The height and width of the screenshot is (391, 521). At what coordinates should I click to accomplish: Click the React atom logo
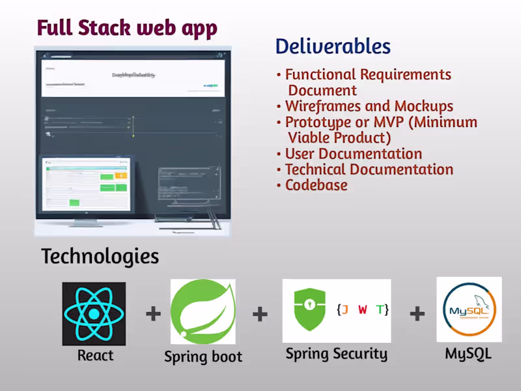(x=94, y=313)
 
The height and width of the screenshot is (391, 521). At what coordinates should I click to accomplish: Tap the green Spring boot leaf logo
(x=203, y=311)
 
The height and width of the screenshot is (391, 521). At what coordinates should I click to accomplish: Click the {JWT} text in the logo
(x=363, y=310)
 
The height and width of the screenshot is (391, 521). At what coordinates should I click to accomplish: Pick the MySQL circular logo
(x=469, y=310)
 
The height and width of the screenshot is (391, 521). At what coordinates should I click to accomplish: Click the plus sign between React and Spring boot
(x=153, y=314)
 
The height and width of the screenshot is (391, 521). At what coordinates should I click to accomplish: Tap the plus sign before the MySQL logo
(x=417, y=314)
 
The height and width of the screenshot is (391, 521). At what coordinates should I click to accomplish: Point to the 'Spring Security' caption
(x=336, y=354)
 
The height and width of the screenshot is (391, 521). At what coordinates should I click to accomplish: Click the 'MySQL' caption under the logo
(x=468, y=354)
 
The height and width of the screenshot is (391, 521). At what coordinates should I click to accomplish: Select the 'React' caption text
(x=95, y=355)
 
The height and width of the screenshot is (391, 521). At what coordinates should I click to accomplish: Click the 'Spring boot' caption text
(x=203, y=356)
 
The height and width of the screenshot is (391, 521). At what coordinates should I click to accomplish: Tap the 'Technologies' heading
(x=100, y=256)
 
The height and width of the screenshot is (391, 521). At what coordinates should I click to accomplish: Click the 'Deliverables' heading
(x=333, y=46)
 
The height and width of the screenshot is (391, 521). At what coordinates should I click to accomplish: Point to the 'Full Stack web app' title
(x=127, y=28)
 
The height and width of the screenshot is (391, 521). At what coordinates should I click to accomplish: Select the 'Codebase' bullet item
(x=316, y=185)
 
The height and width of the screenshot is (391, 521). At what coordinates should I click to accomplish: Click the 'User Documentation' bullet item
(x=353, y=154)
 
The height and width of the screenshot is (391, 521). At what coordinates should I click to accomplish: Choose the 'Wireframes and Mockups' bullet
(x=369, y=106)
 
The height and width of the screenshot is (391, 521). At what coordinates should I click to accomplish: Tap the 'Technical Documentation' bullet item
(x=369, y=169)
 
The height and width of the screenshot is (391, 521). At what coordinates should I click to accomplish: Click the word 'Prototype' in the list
(x=317, y=123)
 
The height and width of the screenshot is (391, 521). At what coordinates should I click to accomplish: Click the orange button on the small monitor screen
(x=120, y=175)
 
